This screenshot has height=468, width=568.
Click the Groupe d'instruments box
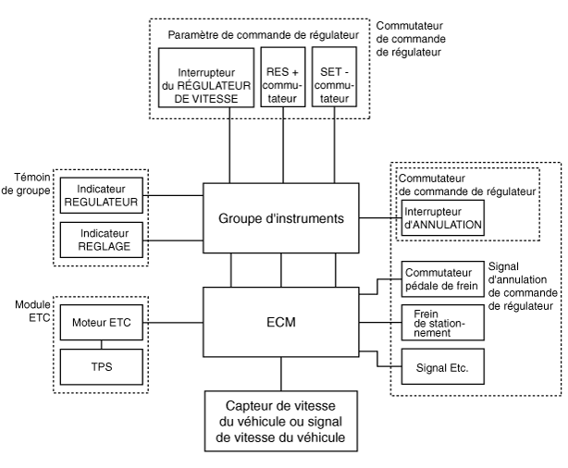279,218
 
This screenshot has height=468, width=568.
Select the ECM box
279,323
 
